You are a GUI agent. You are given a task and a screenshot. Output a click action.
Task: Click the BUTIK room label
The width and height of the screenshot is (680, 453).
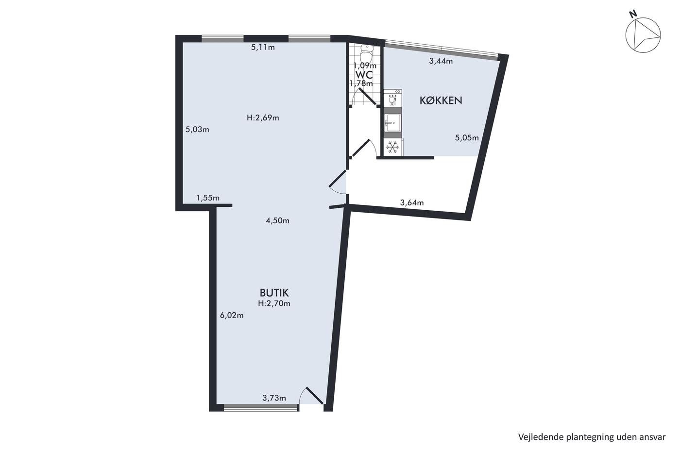pos(274,293)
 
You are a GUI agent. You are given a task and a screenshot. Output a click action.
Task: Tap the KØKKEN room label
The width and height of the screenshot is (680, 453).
pos(441,101)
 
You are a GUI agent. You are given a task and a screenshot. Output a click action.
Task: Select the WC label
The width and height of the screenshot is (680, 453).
pos(364,74)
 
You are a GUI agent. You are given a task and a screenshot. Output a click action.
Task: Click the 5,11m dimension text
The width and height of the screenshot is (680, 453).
pos(263,47)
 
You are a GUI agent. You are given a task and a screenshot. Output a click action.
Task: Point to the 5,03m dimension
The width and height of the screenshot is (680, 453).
pos(197,130)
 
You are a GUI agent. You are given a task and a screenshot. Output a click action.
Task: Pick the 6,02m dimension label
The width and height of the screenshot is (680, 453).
pos(232,316)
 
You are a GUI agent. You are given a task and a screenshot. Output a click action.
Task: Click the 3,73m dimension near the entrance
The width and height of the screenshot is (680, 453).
pos(274,398)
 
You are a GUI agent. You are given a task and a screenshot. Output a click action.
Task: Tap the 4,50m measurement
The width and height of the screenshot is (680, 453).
pos(277,221)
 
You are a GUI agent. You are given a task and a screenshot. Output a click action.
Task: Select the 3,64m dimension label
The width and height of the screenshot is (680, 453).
pos(412,202)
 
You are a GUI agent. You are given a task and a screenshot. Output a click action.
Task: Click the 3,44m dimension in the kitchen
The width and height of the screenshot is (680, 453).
pos(441,61)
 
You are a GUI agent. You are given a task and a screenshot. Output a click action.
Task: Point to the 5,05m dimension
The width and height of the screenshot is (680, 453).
pos(467,138)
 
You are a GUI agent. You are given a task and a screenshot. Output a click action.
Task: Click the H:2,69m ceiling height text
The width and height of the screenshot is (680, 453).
pos(263,117)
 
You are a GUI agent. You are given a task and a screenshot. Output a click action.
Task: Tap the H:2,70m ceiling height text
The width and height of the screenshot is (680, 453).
pos(274,303)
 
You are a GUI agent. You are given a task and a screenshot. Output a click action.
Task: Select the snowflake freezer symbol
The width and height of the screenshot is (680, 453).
pos(393,148)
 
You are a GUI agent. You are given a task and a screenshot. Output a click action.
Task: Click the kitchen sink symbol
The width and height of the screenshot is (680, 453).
pos(392,123)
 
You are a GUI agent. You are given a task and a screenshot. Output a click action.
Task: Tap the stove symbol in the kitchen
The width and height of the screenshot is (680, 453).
pos(393,98)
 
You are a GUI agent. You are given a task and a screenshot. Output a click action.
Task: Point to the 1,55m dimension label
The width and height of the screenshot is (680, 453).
pos(208,198)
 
